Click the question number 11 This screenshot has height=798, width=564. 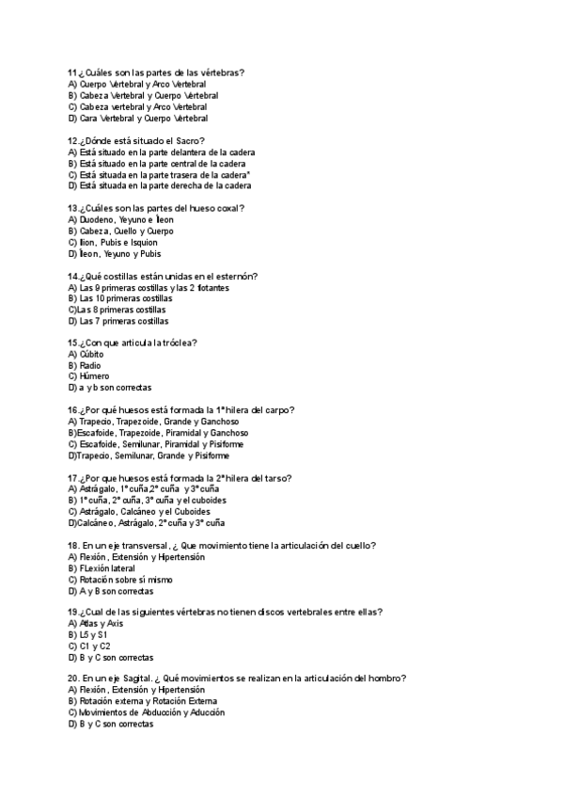[x=72, y=73]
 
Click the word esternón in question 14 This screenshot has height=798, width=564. [x=238, y=276]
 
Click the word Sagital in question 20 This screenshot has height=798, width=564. [x=140, y=679]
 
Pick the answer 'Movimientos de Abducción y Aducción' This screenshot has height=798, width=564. [x=151, y=712]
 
